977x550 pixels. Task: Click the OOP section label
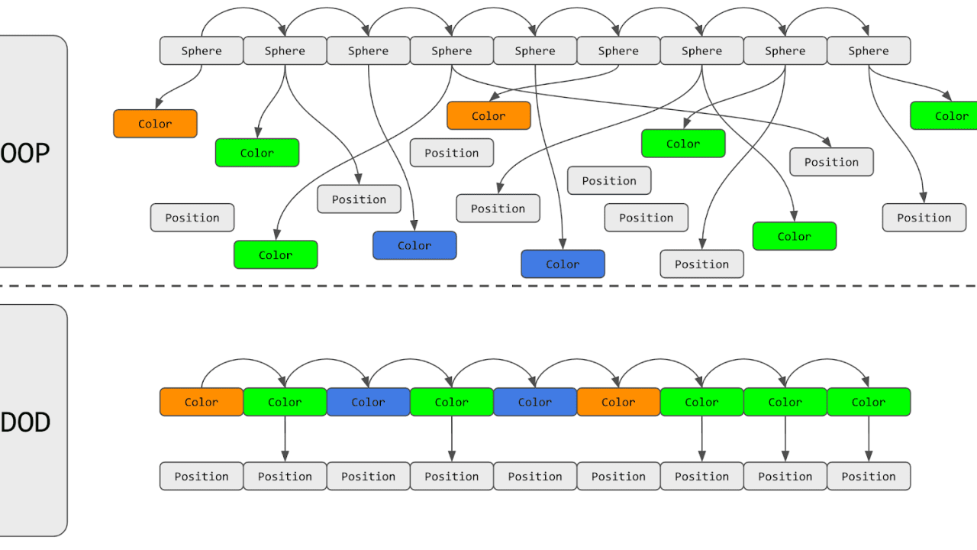pos(25,153)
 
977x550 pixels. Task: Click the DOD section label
pos(25,422)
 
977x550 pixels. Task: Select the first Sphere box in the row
pos(202,51)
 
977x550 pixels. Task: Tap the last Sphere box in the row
pos(869,51)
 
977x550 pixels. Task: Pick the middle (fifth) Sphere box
pos(535,51)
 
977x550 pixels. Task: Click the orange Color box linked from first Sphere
pos(155,124)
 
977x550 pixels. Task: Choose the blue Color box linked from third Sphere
pos(414,246)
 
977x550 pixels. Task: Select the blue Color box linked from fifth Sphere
pos(563,264)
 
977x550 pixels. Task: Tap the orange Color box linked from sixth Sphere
pos(488,116)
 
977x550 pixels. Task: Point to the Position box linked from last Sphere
pos(924,218)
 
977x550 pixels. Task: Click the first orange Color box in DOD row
pos(202,403)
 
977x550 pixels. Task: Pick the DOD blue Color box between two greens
pos(368,403)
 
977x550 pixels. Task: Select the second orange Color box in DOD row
pos(618,403)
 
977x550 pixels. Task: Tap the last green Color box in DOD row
pos(869,403)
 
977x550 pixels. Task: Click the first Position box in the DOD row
pos(202,477)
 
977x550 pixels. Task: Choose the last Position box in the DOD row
pos(869,477)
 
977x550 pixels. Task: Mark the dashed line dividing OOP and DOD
pos(488,286)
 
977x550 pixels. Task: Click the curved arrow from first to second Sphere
pos(243,11)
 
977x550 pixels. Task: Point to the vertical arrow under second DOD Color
pos(285,439)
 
